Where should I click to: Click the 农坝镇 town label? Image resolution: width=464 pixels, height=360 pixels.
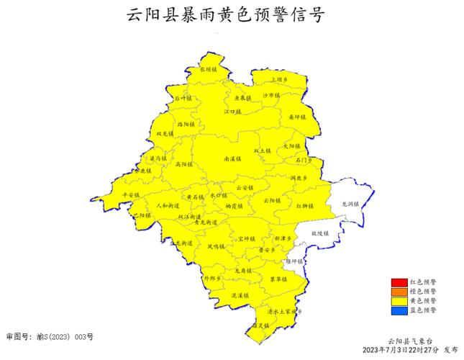pos(207,70)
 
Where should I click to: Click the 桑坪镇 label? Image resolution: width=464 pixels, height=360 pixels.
pos(297,117)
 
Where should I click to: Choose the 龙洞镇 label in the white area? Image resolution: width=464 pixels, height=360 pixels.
pos(350,204)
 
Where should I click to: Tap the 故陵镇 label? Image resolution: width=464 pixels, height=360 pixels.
pos(319,233)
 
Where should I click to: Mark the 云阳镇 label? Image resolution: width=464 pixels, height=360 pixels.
pos(271,200)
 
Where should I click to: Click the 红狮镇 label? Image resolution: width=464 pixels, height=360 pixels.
pos(304,206)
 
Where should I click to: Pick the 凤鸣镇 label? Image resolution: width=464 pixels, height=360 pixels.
pos(217,246)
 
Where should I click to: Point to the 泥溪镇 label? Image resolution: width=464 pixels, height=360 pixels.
pos(240,295)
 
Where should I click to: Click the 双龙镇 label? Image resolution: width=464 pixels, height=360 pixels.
pos(165,133)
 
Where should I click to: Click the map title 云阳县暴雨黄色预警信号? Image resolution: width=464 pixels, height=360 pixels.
pos(224,16)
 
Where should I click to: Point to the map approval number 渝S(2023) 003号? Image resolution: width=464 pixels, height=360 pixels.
pos(50,336)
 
